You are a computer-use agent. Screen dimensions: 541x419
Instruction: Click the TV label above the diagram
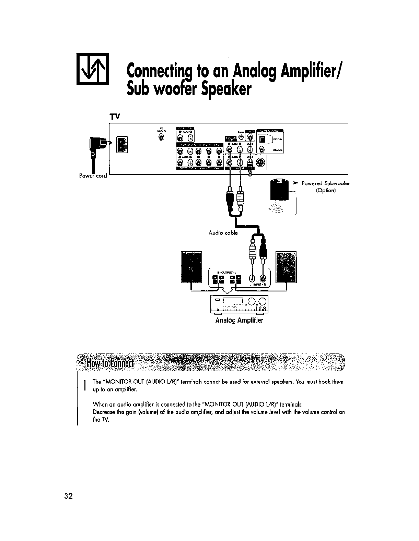(114, 117)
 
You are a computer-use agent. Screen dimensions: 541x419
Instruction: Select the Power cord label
(93, 176)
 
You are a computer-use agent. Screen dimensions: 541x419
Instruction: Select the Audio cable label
(223, 233)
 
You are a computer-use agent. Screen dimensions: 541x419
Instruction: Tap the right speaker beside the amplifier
(286, 267)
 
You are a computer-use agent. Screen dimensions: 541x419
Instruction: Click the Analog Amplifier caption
(239, 320)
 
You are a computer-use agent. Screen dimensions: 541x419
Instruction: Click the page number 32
(68, 496)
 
